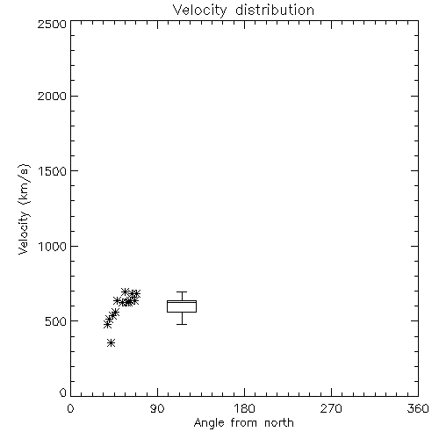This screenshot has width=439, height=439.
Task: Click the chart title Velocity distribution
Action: point(243,11)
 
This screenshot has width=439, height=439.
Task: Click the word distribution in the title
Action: point(275,11)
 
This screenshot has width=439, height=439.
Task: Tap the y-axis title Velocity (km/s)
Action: point(24,209)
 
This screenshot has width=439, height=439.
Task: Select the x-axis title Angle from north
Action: point(243,422)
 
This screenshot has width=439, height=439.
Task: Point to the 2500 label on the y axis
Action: point(52,24)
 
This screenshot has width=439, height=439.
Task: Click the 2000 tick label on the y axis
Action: point(52,96)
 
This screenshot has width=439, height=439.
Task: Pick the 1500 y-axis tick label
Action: point(53,171)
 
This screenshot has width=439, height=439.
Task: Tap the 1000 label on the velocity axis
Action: point(53,246)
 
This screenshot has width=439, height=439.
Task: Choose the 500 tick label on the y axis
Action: point(56,321)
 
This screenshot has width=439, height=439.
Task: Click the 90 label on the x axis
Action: point(157,408)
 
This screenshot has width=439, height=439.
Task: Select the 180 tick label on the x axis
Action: point(244,408)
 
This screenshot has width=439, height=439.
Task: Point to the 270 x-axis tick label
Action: point(331,408)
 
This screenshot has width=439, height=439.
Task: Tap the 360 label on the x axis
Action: point(418,408)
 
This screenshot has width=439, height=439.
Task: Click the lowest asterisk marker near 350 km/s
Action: point(111,342)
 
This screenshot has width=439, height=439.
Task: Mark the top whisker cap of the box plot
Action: point(182,291)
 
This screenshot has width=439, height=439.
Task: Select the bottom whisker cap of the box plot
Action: point(182,324)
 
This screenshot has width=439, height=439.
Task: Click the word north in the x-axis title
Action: point(279,422)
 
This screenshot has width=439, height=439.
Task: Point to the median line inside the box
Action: point(182,302)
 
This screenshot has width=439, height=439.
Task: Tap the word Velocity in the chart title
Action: point(199,11)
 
